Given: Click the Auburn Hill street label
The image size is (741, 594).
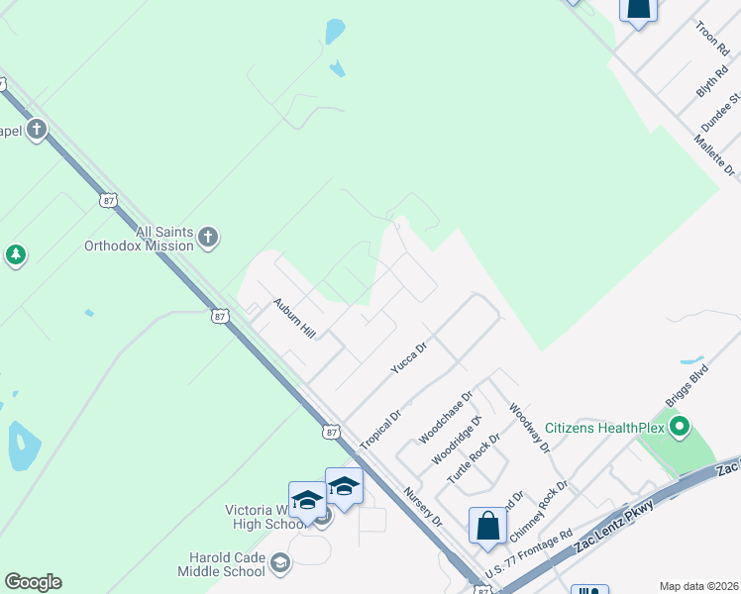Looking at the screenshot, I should click(293, 318).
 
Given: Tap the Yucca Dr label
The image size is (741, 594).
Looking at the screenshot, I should click(408, 357).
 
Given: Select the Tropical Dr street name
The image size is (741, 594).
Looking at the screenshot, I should click(379, 429).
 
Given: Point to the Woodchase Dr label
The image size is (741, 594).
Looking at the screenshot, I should click(446, 415).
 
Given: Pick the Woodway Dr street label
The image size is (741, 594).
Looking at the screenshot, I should click(529, 427).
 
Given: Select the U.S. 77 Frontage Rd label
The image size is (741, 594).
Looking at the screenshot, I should click(530, 554).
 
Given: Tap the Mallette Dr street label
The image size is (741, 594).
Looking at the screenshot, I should click(715, 156).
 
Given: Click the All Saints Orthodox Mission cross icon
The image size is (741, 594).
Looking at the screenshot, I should click(207, 237).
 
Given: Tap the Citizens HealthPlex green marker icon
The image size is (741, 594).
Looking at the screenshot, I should click(679, 429).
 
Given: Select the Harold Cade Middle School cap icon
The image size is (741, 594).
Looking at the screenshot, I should click(280, 563).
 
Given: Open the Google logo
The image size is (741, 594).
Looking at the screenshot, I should click(33, 582).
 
